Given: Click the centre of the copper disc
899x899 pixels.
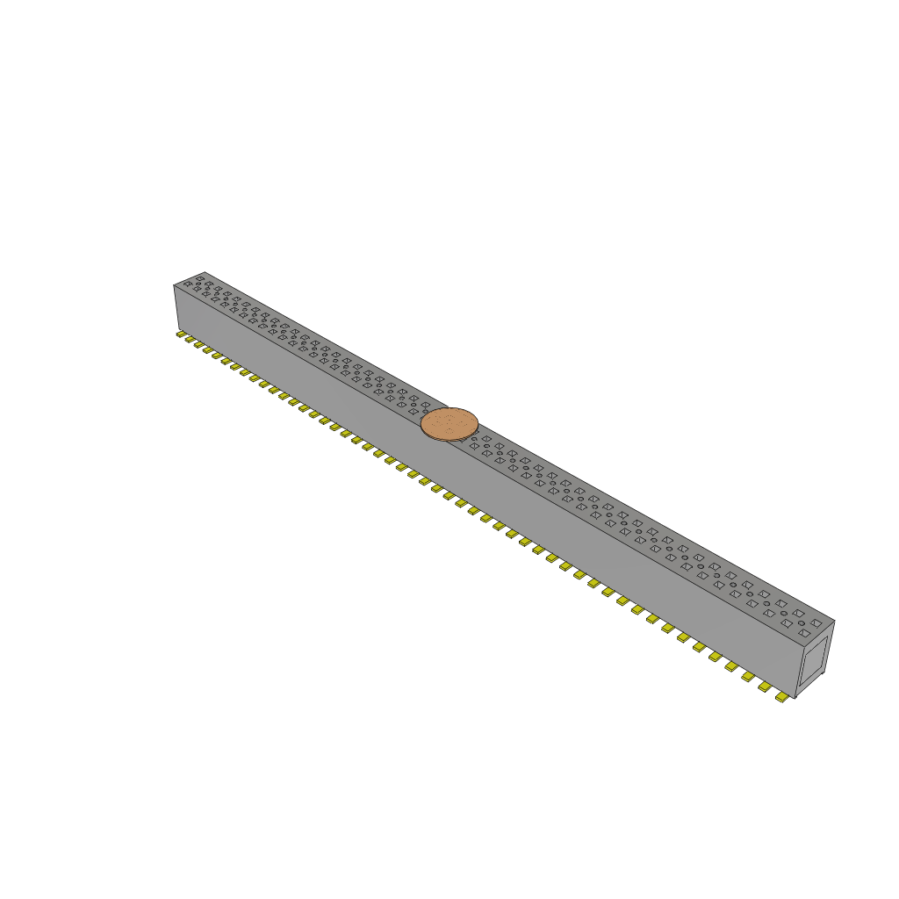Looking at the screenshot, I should (x=449, y=424).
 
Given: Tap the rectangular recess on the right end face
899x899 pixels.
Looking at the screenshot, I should (x=814, y=660).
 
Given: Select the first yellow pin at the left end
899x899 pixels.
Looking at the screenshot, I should (x=182, y=334).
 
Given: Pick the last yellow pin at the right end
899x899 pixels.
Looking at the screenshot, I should (x=782, y=697).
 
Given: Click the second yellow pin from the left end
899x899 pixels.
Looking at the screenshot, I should (x=190, y=340).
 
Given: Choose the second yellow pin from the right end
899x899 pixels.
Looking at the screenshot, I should (x=766, y=687).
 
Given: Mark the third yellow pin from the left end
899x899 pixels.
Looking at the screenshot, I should (x=199, y=344).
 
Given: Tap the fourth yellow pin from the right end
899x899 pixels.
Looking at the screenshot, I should (x=732, y=666).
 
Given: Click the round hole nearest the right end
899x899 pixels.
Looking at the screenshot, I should (x=802, y=622).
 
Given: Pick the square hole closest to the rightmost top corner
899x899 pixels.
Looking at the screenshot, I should (x=816, y=622).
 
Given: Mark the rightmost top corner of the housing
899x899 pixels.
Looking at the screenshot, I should (x=834, y=621).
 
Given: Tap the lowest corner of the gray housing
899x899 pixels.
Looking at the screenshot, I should (x=795, y=699).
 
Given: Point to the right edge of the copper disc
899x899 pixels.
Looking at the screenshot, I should (x=478, y=422).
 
